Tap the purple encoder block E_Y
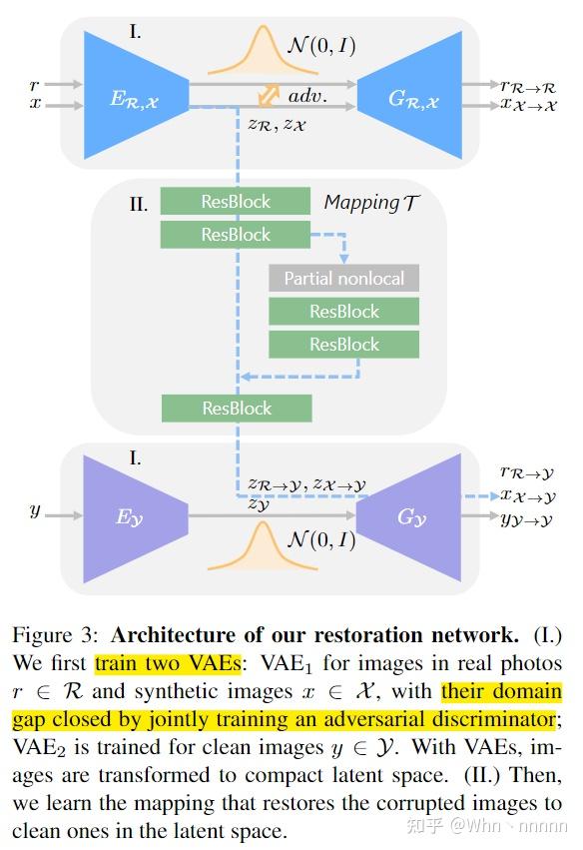tap(130, 517)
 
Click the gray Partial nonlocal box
tap(343, 278)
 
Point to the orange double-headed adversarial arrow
tap(269, 96)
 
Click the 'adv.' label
tap(307, 96)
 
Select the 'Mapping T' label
tap(370, 203)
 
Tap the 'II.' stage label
tap(139, 205)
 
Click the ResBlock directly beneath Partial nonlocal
tap(343, 312)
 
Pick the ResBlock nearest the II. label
tap(236, 202)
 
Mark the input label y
tap(35, 510)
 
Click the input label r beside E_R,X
tap(35, 86)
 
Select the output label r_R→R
tap(528, 86)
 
